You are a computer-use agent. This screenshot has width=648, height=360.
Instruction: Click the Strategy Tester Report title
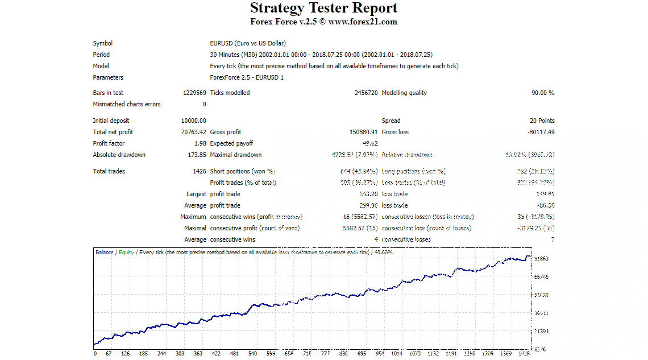tap(323, 9)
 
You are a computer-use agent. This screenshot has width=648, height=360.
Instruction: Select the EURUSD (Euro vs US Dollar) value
tap(248, 43)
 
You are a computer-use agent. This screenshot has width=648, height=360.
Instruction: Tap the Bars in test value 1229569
tap(194, 93)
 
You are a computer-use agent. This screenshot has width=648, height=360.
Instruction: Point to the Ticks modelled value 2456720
tap(365, 93)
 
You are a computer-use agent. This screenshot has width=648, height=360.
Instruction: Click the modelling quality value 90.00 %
tap(543, 93)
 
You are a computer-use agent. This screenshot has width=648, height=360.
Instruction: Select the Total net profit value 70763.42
tap(193, 132)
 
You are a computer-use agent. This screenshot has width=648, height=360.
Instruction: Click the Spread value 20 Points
tap(542, 121)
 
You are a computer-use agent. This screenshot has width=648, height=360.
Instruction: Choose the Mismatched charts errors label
tap(127, 104)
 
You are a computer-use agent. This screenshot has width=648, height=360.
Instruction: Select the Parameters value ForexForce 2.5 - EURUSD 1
tap(246, 77)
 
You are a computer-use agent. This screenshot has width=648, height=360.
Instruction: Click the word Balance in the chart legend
tap(105, 252)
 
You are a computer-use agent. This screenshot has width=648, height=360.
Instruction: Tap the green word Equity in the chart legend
tap(126, 252)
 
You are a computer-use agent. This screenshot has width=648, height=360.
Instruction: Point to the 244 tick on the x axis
tap(161, 354)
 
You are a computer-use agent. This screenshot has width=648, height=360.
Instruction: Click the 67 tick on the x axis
tap(108, 354)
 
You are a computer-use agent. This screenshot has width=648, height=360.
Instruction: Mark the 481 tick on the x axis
tap(235, 354)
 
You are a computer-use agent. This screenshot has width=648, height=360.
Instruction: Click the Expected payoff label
tap(232, 143)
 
